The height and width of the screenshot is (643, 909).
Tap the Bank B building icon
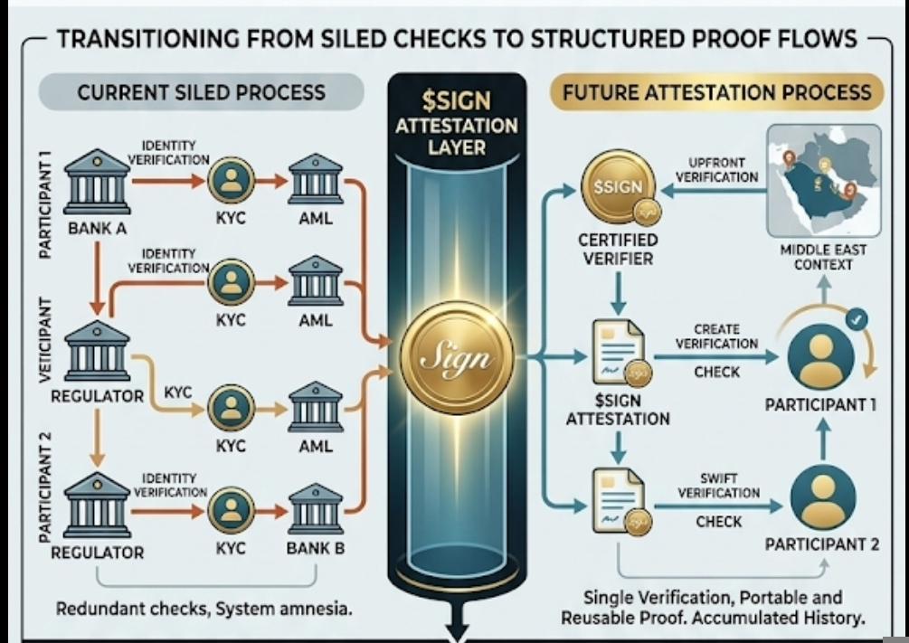pos(315,508)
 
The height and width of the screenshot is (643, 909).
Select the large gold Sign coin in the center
pos(457,358)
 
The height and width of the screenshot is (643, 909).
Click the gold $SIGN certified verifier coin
pos(619,188)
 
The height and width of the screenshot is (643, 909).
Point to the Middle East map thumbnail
pos(823,181)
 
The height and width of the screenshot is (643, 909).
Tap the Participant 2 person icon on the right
pos(822,497)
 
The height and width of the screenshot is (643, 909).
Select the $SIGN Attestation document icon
pos(619,353)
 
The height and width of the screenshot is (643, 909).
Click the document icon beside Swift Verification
pos(619,499)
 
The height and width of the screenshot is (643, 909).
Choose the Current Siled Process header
pos(201,92)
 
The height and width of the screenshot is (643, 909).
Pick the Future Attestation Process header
pos(716,92)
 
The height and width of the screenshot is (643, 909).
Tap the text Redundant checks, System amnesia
pos(204,609)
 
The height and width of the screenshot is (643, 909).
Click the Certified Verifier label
pos(619,250)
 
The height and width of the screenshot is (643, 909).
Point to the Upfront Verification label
pos(716,169)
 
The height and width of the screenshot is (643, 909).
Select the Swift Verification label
pos(717,486)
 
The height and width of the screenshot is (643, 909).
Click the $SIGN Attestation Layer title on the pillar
pos(457,125)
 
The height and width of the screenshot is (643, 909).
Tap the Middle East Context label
pos(823,257)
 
